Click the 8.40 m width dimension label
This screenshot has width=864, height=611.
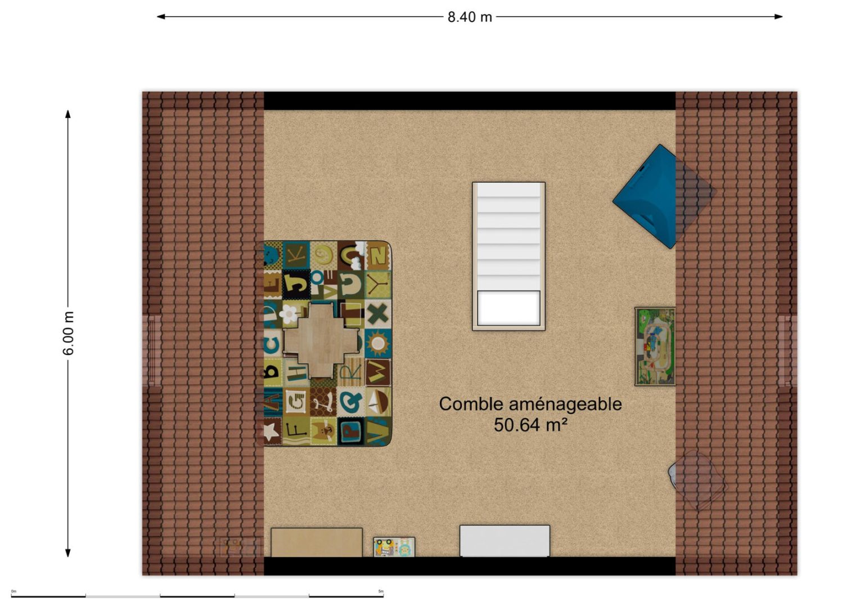(470, 17)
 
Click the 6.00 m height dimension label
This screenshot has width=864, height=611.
(68, 333)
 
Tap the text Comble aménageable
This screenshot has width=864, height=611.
(530, 404)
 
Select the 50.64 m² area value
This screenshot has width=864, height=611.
(530, 425)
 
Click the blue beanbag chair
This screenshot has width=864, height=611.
(656, 197)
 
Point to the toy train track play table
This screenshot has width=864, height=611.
(655, 347)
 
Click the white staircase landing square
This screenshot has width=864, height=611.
(508, 308)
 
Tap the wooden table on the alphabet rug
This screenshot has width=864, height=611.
(321, 340)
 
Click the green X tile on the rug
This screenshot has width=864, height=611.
(378, 314)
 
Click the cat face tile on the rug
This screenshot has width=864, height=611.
(323, 432)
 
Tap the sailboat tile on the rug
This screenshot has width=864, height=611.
(379, 402)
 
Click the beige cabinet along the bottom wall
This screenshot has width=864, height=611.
(317, 543)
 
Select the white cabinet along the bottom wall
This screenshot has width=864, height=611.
(505, 541)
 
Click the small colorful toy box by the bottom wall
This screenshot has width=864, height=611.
(394, 547)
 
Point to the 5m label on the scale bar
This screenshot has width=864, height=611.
(381, 591)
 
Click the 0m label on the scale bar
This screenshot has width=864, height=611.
(14, 591)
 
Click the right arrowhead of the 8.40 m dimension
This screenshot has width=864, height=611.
(778, 16)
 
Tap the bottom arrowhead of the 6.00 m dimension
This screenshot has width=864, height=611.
(68, 552)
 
